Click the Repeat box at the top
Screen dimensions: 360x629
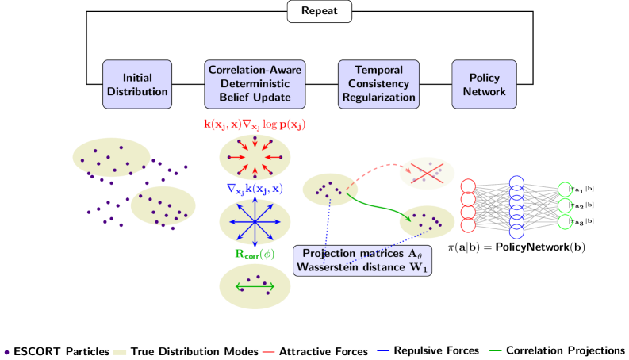tap(319, 11)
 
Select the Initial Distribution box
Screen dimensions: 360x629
tap(137, 84)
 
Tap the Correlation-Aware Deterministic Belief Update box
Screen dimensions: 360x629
tap(255, 84)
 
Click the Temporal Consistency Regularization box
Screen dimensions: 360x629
tap(378, 84)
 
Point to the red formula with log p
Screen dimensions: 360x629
tap(255, 124)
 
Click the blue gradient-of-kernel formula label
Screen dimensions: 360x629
tap(255, 189)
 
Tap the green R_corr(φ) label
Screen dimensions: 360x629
tap(254, 255)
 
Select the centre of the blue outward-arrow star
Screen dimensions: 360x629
tap(254, 221)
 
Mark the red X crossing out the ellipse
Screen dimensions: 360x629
tap(427, 173)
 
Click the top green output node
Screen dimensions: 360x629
tap(564, 190)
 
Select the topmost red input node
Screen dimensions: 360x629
tap(468, 187)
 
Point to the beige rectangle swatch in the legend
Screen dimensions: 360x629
tap(119, 351)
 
